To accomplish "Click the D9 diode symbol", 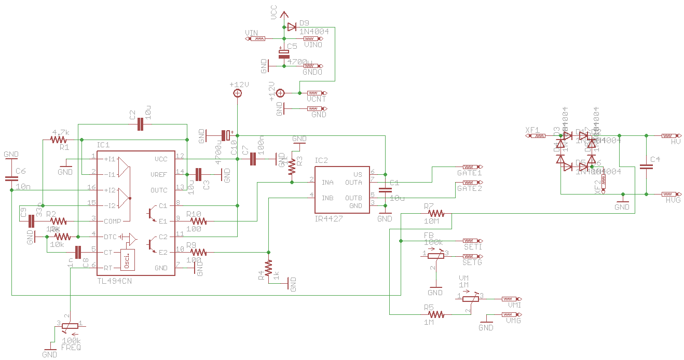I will (292, 26).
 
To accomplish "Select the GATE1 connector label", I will (469, 173).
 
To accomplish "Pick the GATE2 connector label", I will (469, 188).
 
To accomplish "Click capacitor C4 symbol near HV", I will (646, 167).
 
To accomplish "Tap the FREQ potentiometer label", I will (71, 347).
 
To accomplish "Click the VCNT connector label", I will (316, 99).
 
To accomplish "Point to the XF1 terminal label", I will (532, 130).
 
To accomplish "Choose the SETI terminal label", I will (473, 247).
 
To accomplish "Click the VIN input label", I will (251, 33).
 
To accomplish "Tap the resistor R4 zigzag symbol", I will (268, 268).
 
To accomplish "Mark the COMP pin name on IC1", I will (112, 221).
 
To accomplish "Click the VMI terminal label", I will (514, 306).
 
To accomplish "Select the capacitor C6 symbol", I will (11, 178).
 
